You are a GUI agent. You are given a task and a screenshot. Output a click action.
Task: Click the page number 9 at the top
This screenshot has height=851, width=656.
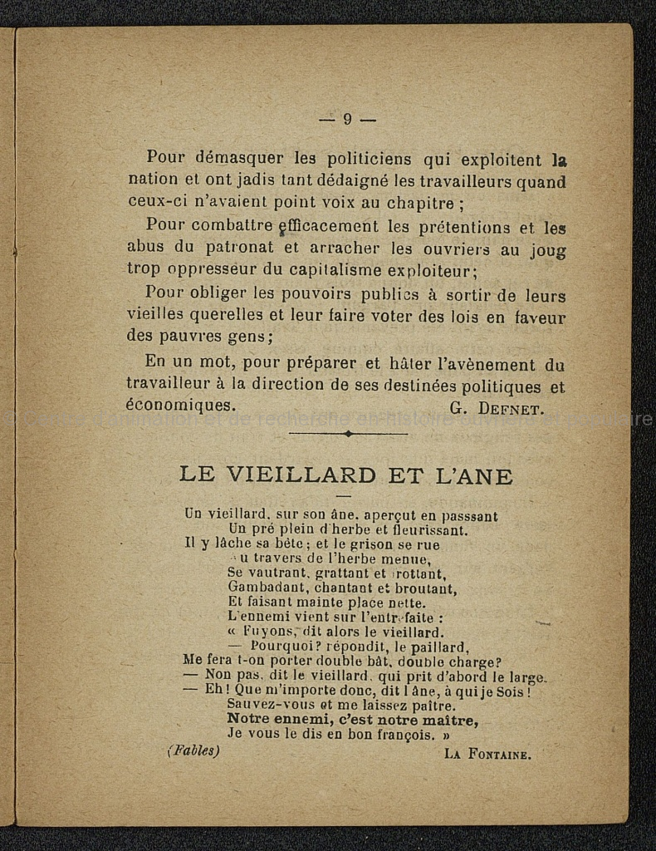347,119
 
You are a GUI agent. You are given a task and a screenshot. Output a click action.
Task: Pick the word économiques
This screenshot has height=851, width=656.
180,406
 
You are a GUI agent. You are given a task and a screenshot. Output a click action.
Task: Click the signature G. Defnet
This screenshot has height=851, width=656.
497,407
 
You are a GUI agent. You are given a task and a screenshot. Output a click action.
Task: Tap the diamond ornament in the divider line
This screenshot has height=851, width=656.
348,433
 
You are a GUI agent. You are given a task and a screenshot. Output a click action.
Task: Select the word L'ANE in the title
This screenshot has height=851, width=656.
473,475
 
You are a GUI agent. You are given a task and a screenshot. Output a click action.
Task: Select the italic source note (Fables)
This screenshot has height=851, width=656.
193,751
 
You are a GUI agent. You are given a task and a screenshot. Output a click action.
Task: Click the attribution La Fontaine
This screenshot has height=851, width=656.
487,755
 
